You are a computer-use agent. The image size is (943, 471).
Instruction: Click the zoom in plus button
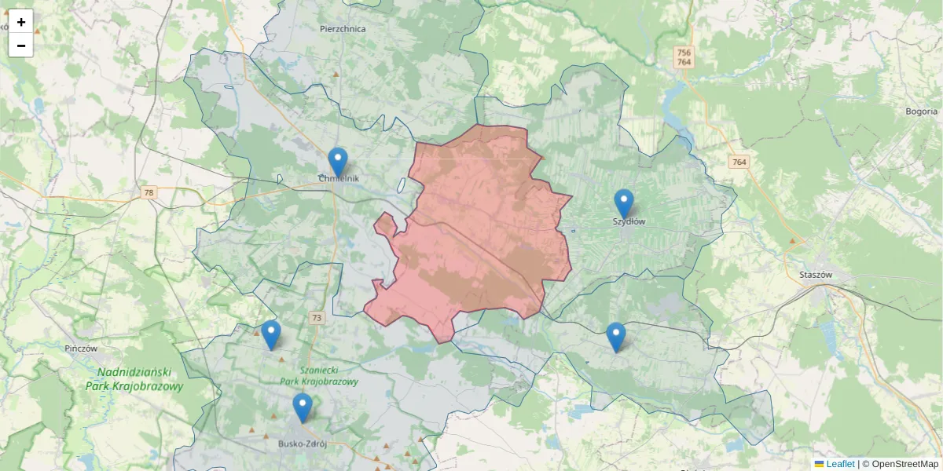pos(21,22)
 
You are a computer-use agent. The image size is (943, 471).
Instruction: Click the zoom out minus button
pos(21,46)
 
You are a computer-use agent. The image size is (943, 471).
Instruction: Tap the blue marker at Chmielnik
pos(338,162)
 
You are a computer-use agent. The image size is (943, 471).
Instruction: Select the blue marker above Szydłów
pos(624,203)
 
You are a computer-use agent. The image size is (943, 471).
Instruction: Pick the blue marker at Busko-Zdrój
pos(303,407)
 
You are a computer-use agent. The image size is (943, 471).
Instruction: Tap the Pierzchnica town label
pos(343,29)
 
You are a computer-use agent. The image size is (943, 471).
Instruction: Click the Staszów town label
pos(815,275)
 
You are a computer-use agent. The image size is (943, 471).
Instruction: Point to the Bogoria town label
pos(922,111)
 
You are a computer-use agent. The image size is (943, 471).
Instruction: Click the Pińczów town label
pos(81,348)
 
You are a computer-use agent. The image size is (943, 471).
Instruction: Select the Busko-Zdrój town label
pos(302,444)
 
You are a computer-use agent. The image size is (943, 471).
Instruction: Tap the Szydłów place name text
pos(629,222)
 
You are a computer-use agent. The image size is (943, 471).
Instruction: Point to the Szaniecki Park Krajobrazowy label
pos(319,376)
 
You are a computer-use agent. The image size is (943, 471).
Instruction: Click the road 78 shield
pos(149,192)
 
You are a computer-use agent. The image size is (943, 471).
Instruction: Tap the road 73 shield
pos(317,318)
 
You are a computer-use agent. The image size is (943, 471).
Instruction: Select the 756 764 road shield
pos(684,57)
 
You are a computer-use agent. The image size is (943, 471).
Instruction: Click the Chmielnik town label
pos(338,179)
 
